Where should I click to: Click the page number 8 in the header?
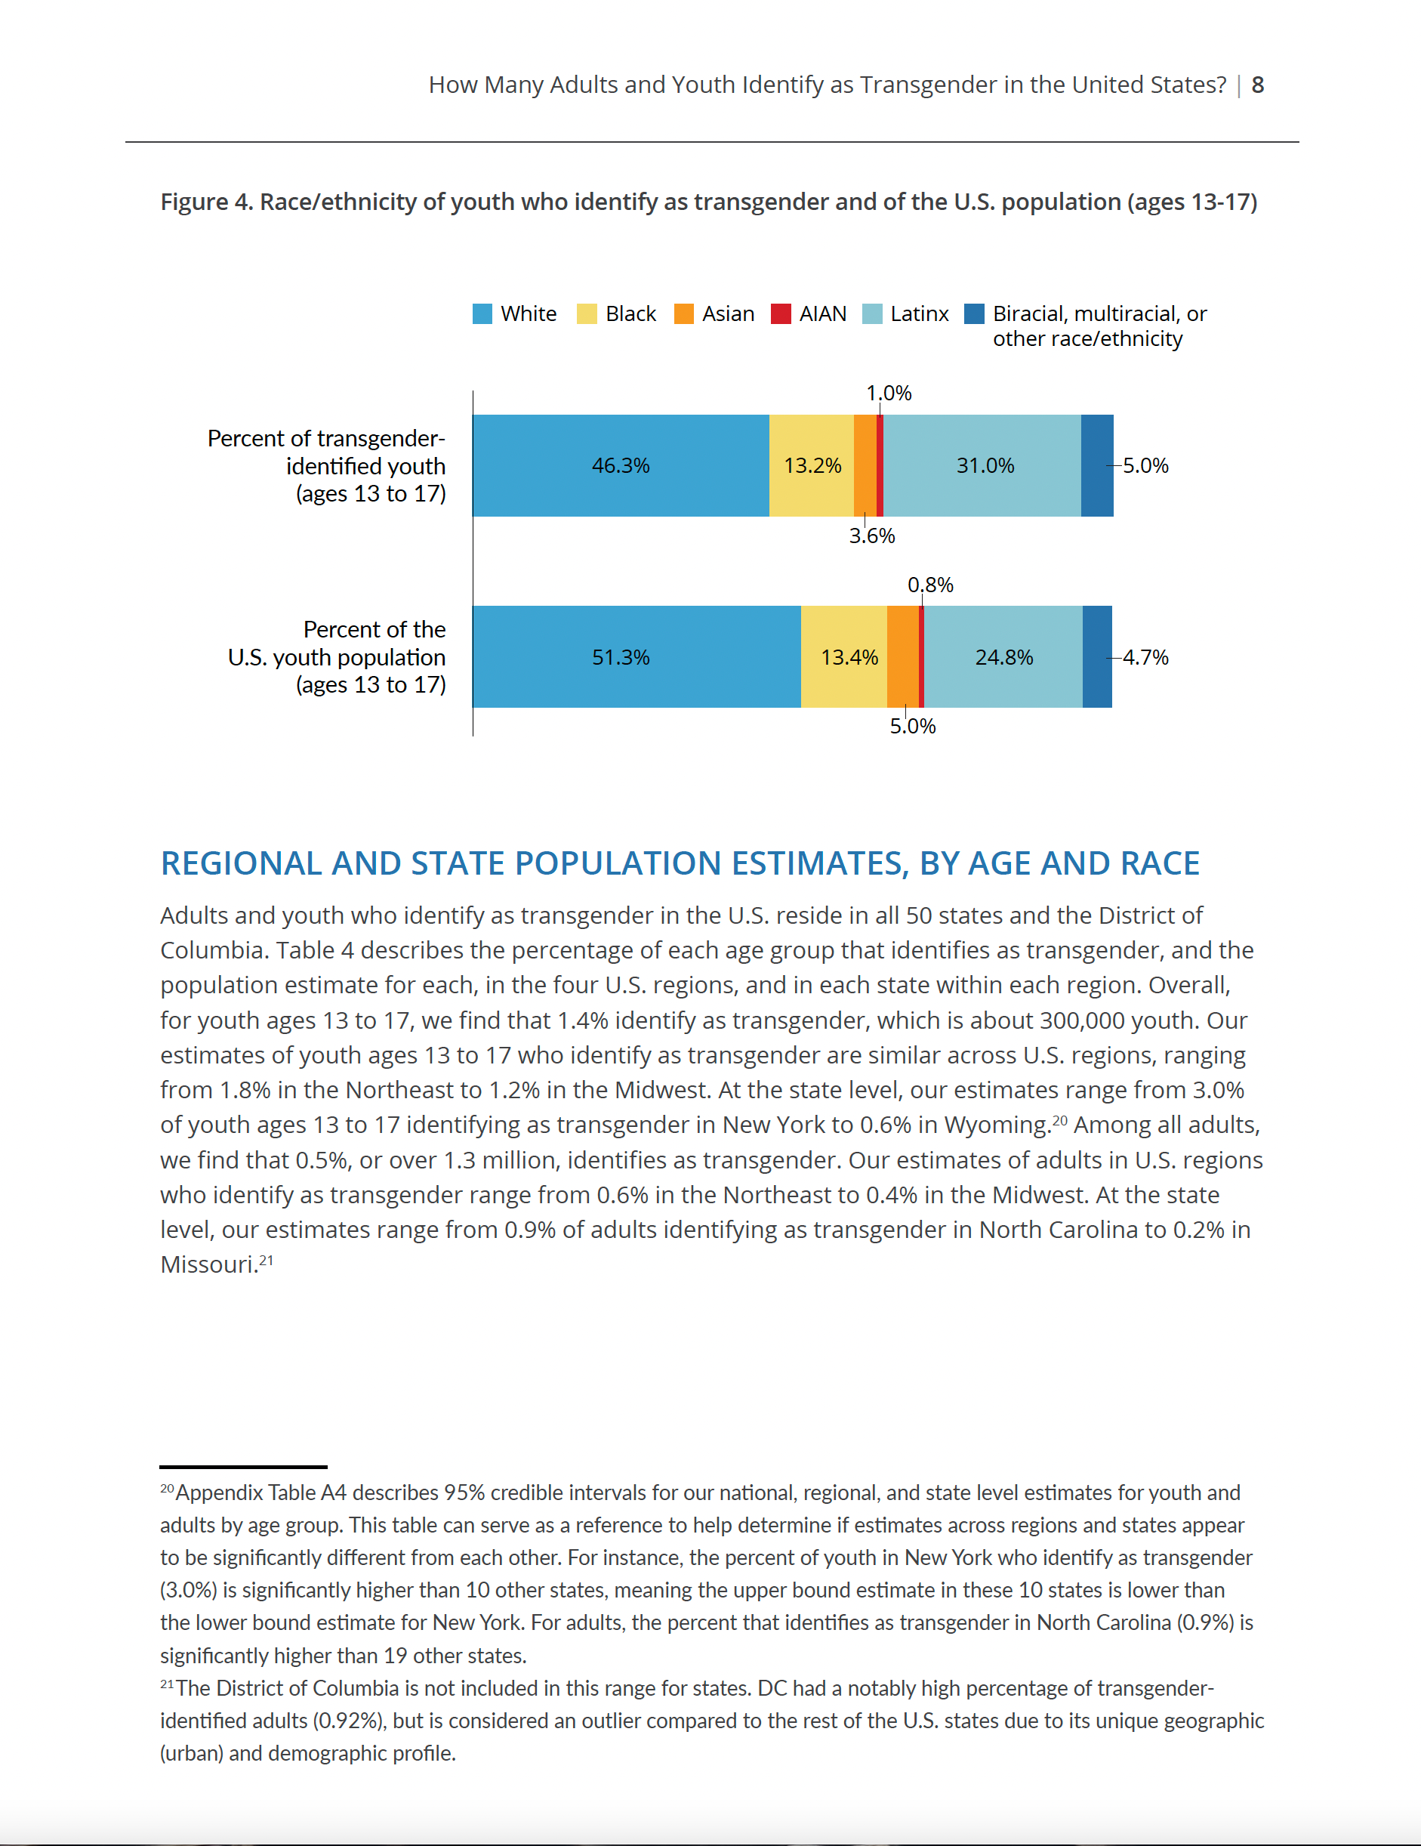pyautogui.click(x=1257, y=85)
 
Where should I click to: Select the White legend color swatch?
pyautogui.click(x=482, y=313)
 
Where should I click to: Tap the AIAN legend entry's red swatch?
pyautogui.click(x=781, y=313)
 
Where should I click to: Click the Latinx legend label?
pyautogui.click(x=919, y=313)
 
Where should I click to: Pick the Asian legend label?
pyautogui.click(x=728, y=313)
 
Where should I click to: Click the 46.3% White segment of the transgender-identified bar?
pyautogui.click(x=621, y=466)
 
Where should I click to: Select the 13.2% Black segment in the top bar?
pyautogui.click(x=812, y=466)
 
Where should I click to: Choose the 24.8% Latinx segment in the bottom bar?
pyautogui.click(x=1003, y=657)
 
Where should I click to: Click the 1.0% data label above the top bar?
pyautogui.click(x=889, y=393)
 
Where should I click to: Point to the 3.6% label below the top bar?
pyautogui.click(x=872, y=536)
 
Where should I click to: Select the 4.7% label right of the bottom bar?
pyautogui.click(x=1145, y=658)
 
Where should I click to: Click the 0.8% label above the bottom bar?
pyautogui.click(x=930, y=585)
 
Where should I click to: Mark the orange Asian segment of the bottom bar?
pyautogui.click(x=903, y=657)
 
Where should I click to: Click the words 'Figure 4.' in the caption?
pyautogui.click(x=206, y=202)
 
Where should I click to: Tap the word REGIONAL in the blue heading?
pyautogui.click(x=241, y=863)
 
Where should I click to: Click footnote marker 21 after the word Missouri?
pyautogui.click(x=266, y=1259)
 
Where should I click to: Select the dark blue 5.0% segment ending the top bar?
pyautogui.click(x=1097, y=466)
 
